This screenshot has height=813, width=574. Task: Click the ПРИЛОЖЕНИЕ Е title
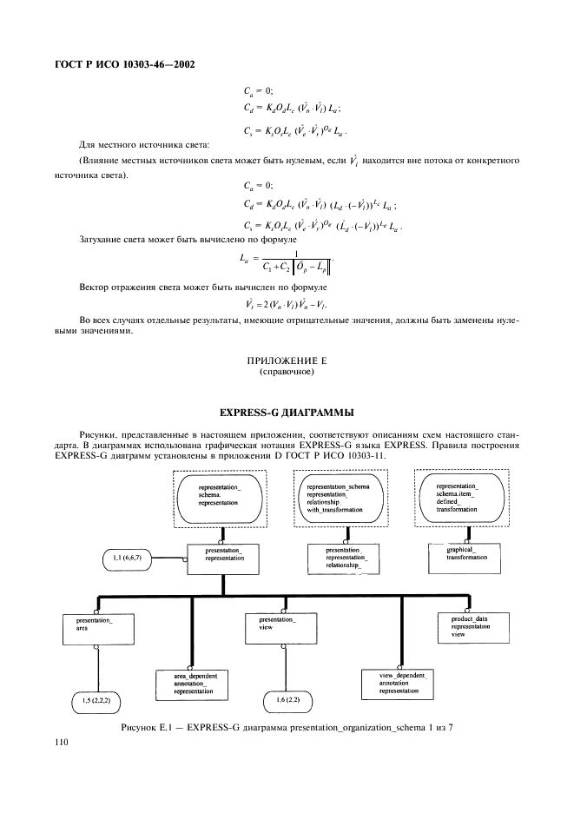tap(287, 361)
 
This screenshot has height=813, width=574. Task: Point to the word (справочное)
tap(287, 372)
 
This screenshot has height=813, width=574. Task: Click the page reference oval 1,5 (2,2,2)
tap(96, 700)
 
